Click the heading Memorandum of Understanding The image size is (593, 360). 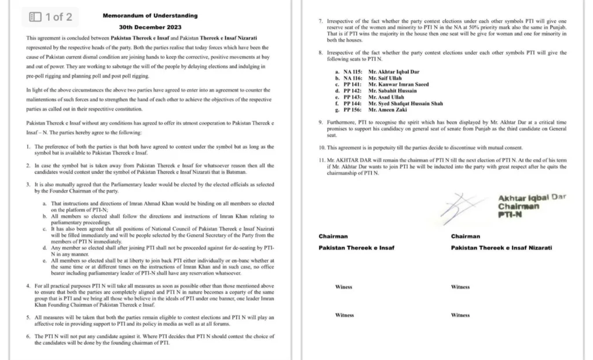[150, 16]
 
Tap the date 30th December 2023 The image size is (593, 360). [150, 27]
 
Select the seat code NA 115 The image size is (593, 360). [352, 71]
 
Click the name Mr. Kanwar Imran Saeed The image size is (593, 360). [398, 85]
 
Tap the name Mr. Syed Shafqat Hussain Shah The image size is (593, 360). [405, 104]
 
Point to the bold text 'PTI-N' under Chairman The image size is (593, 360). [510, 215]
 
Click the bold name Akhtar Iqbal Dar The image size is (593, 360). [532, 198]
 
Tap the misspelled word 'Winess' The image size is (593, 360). [344, 287]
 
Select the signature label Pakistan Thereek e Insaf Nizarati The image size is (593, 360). [502, 248]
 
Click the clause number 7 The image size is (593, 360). [320, 21]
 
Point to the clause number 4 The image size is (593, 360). [29, 286]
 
